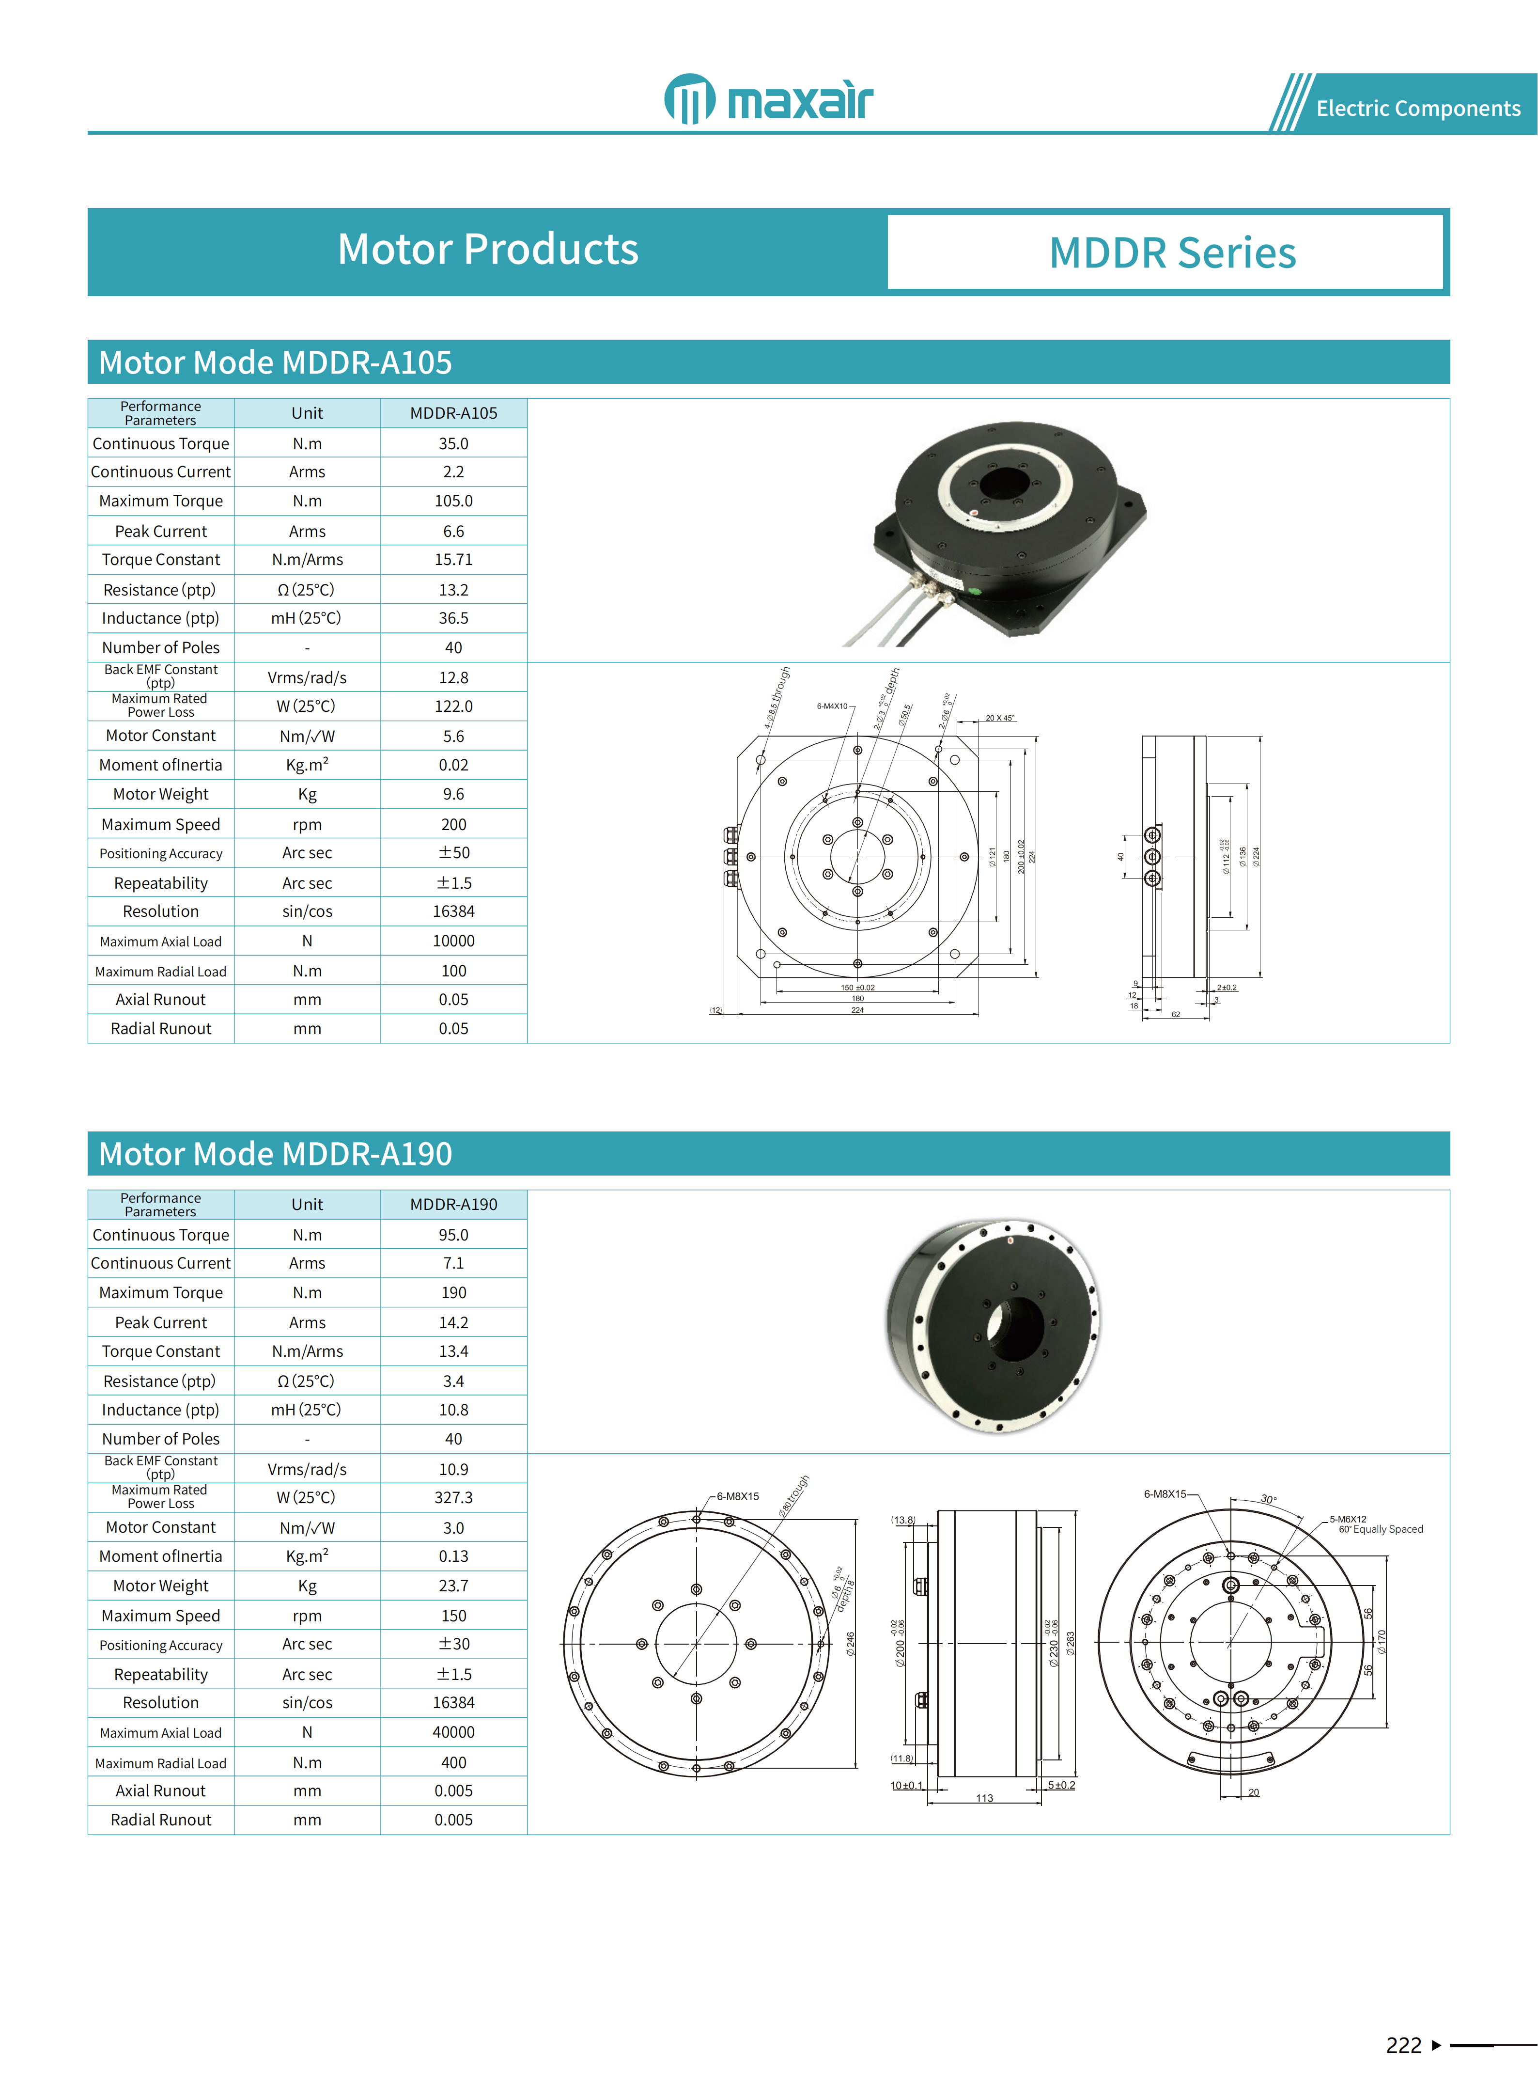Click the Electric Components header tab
point(1417,108)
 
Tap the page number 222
point(1403,2045)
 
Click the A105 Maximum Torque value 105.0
point(453,501)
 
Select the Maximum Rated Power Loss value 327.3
point(453,1497)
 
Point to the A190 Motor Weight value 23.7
point(453,1586)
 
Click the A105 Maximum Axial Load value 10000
point(453,941)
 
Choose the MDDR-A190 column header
point(453,1204)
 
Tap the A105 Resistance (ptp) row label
point(160,590)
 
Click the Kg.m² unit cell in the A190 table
point(307,1556)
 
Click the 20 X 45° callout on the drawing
point(1000,718)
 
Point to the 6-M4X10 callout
point(832,706)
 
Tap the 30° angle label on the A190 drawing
point(1268,1499)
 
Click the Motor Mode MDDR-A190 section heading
point(276,1154)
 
